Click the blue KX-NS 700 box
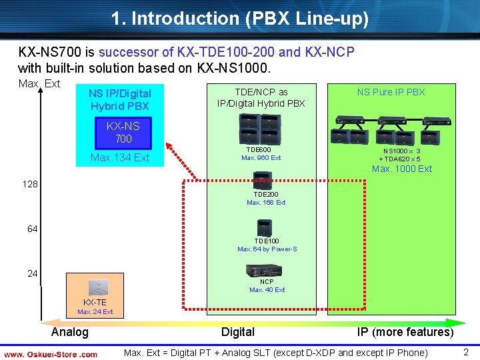tap(123, 133)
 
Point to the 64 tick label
tap(32, 229)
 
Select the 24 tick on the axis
tap(32, 273)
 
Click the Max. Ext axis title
tap(39, 83)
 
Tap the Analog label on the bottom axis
tap(69, 332)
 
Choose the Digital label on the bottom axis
tap(238, 332)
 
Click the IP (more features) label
tap(405, 332)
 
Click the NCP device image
tap(266, 270)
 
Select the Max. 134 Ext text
tap(120, 158)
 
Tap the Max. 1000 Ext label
tap(402, 169)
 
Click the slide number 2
tap(466, 352)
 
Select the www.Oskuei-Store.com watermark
tap(51, 354)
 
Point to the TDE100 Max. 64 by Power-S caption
tap(267, 245)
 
